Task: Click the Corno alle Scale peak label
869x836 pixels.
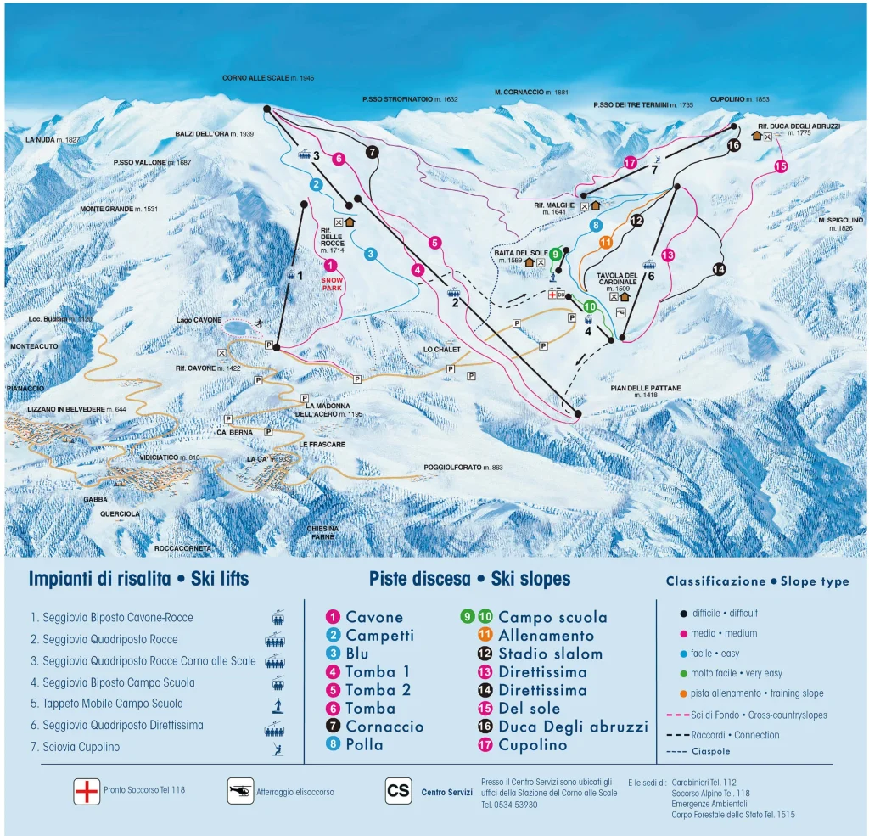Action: (x=268, y=78)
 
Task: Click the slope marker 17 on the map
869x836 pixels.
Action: (x=630, y=162)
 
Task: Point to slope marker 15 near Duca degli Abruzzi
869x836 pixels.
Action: (x=781, y=166)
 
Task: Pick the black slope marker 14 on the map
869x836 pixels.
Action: (x=720, y=269)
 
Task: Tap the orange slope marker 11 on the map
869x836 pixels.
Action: (x=605, y=242)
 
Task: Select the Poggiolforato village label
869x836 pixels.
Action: (x=463, y=468)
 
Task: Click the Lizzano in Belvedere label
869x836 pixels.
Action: (x=70, y=410)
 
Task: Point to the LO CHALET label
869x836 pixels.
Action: (x=441, y=350)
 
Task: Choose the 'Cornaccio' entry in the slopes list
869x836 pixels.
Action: (x=384, y=727)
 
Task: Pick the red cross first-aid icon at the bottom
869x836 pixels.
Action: (x=87, y=791)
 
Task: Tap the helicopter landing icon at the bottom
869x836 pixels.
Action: (x=241, y=791)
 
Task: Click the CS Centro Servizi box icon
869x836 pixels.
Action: (x=398, y=791)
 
